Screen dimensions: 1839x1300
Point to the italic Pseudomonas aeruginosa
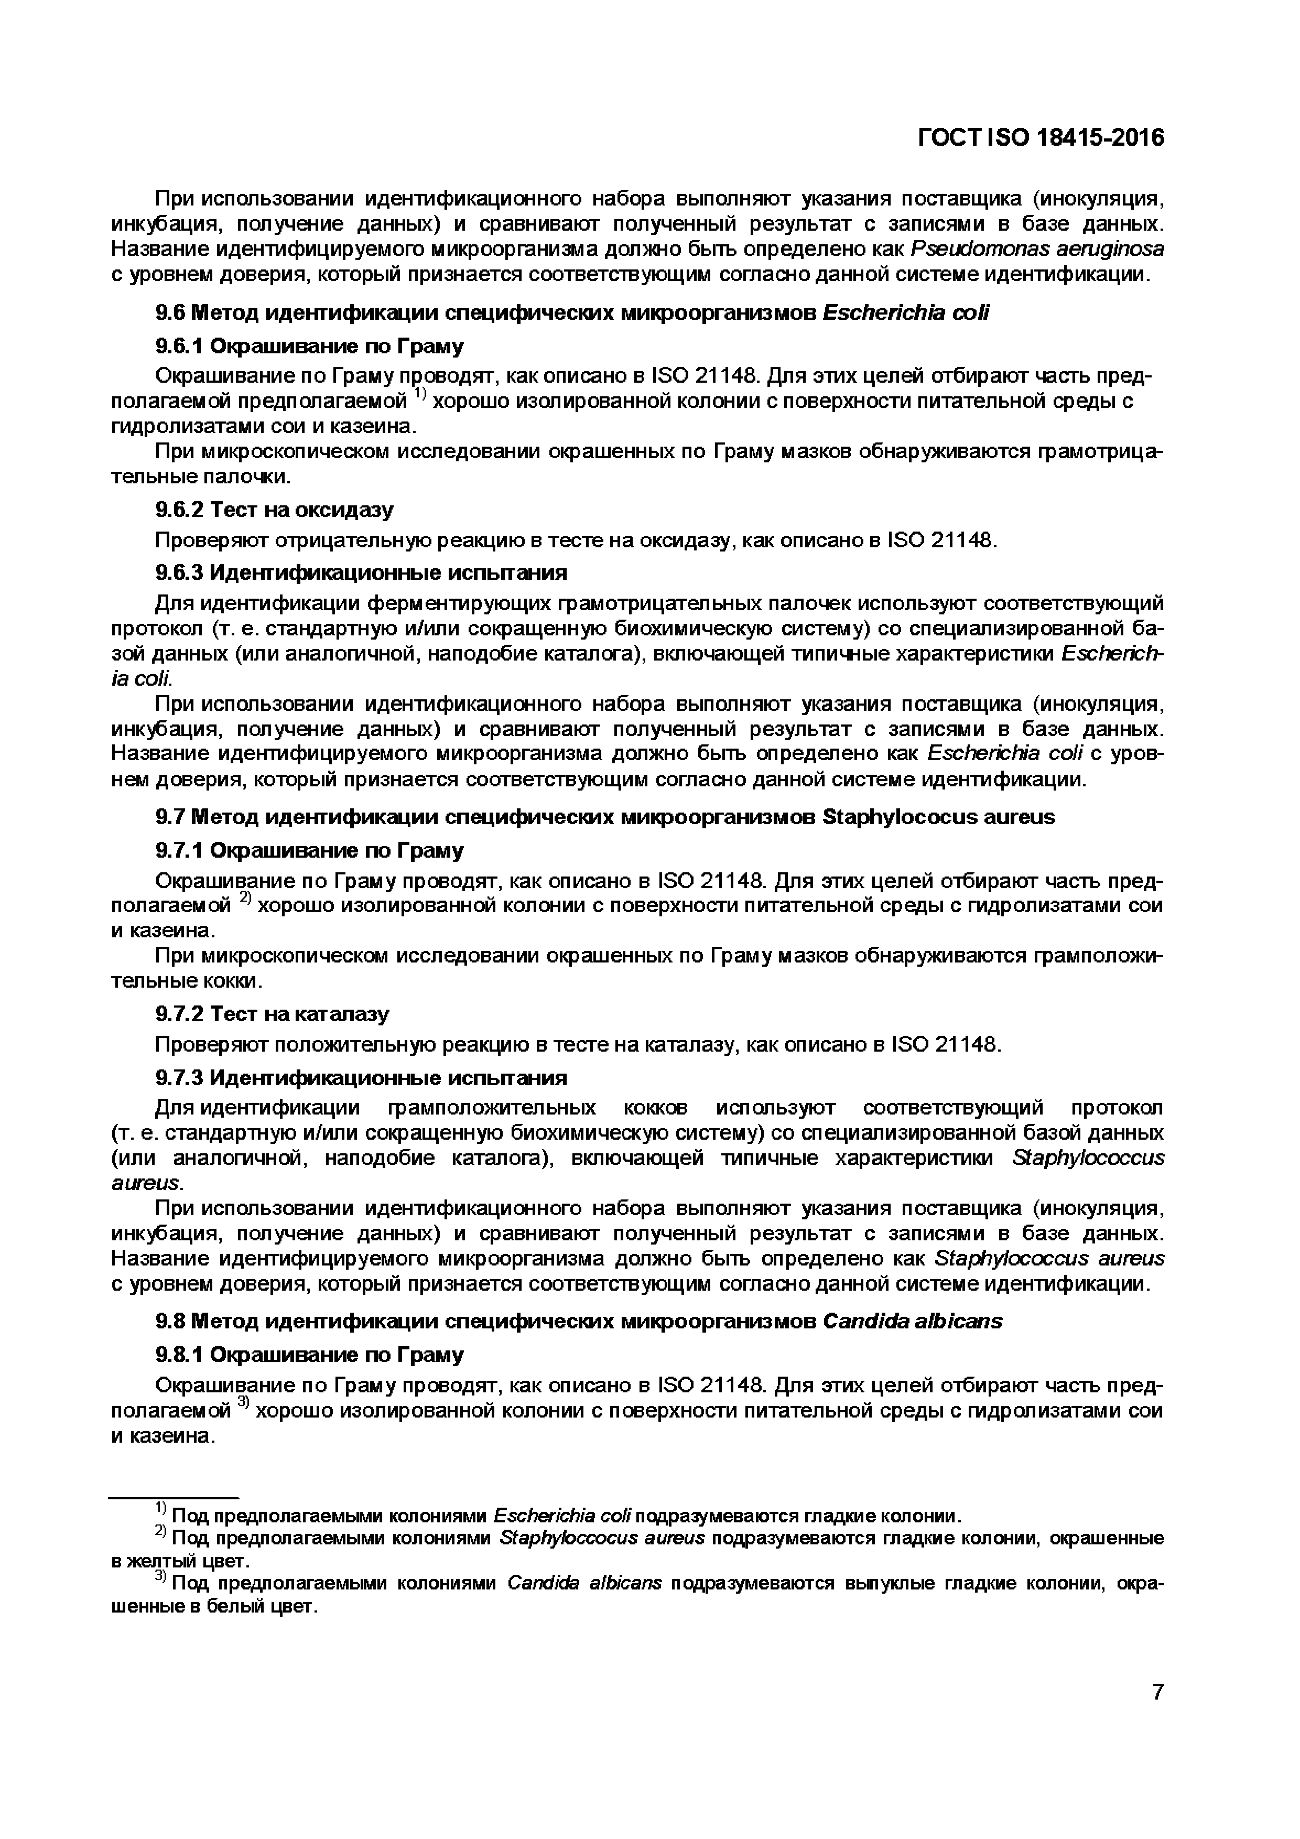(x=1038, y=249)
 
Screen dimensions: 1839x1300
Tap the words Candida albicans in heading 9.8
(x=912, y=1321)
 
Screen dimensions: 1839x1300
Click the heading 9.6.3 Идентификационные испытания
(x=361, y=572)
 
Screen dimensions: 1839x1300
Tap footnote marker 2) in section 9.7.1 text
(x=246, y=901)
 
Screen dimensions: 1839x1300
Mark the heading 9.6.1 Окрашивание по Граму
(x=309, y=346)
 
